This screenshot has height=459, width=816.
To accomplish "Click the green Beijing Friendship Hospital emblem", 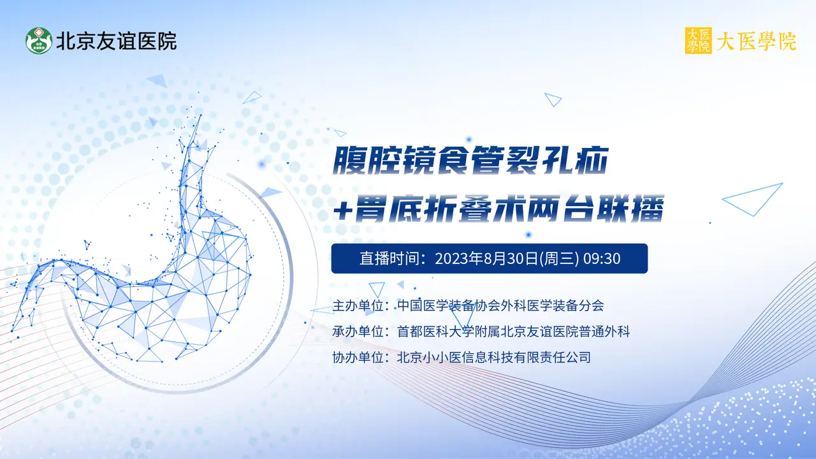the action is point(39,40).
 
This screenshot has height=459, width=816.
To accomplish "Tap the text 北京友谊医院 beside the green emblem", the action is point(117,41).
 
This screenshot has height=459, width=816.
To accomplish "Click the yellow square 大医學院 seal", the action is point(698,40).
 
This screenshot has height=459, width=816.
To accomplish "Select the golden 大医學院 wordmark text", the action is point(757,41).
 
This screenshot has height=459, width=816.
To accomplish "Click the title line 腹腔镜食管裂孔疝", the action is point(470,160).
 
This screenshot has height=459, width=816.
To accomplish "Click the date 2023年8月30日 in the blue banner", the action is point(486,258).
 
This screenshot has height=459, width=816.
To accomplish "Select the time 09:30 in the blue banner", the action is point(602,258).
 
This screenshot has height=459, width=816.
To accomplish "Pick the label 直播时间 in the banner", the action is point(390,258).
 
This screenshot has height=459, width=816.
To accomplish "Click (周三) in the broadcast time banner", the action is point(559,258).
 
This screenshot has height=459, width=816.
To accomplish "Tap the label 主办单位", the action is point(358,305).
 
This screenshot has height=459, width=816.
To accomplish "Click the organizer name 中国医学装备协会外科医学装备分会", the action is point(500,305).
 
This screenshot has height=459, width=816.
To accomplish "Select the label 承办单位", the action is point(358,331).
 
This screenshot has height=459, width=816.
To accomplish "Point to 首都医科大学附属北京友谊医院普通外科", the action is point(514,331).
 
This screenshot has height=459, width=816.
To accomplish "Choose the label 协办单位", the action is point(358,358).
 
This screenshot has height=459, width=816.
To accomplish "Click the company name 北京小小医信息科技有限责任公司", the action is point(494,358).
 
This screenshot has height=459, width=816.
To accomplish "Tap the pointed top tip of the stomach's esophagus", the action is point(200,115).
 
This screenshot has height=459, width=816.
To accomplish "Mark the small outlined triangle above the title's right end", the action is point(553,99).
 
